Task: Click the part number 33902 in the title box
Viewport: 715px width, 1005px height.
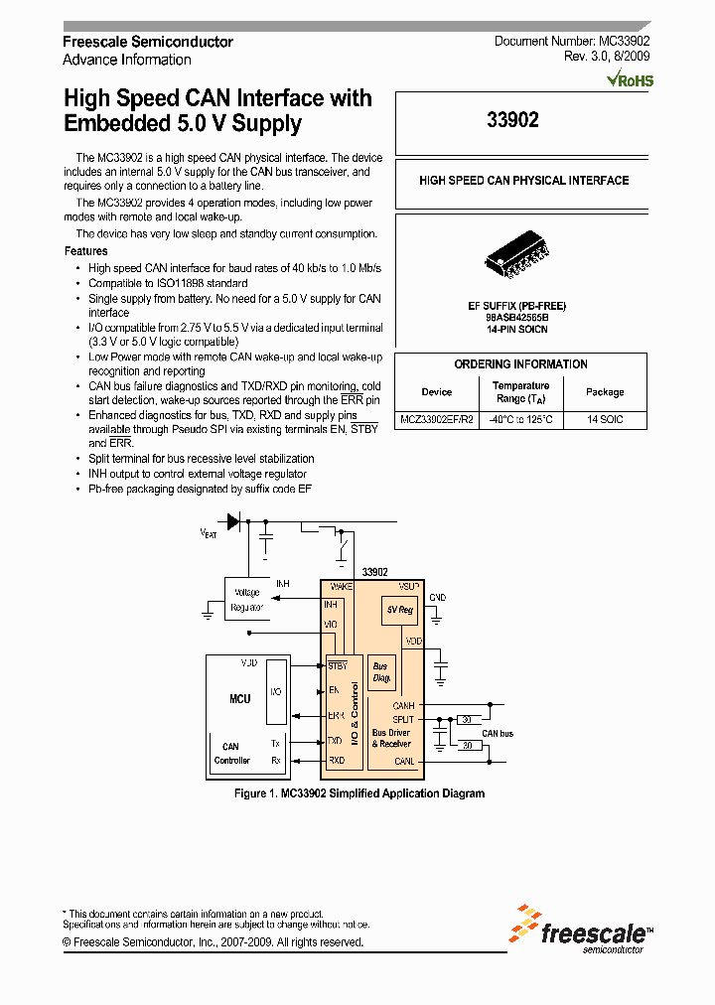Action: point(512,120)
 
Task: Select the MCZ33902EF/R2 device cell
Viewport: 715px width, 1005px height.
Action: point(437,420)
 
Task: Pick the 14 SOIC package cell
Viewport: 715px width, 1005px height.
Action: point(605,420)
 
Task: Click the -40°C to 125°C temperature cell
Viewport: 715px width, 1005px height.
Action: point(520,420)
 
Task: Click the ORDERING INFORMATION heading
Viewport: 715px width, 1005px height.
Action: point(520,364)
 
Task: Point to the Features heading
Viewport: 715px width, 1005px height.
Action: point(85,251)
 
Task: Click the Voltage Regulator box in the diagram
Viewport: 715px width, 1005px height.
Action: point(246,601)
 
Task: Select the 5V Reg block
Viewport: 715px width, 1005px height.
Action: point(400,609)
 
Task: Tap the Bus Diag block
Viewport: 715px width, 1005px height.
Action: point(380,672)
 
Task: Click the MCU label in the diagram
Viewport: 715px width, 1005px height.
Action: point(239,699)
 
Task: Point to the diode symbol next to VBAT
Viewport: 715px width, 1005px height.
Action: point(233,521)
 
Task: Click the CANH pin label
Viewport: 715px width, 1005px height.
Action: point(403,706)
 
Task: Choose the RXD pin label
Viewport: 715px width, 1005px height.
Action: point(336,760)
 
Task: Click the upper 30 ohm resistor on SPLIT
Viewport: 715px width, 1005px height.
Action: point(466,719)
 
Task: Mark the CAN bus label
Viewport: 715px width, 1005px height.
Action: point(498,734)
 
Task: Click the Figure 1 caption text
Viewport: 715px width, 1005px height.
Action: point(358,793)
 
